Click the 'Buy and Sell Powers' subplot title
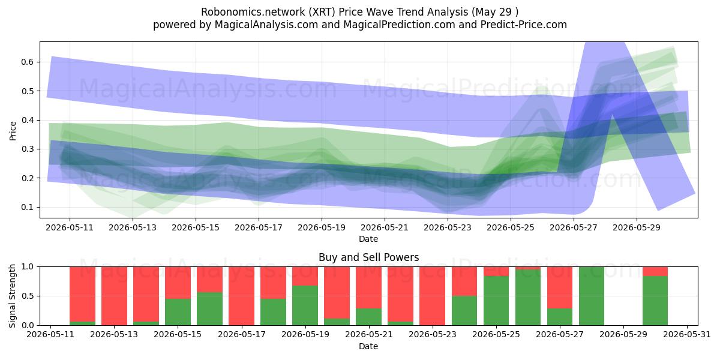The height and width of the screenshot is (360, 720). point(368,257)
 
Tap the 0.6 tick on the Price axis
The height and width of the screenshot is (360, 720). point(28,62)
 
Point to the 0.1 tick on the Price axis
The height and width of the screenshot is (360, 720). point(28,207)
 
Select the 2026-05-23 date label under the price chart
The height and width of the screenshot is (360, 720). point(448,227)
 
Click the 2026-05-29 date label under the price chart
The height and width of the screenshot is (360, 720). point(637,227)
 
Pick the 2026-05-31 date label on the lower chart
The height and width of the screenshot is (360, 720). point(687,334)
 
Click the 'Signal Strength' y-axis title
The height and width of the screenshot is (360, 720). point(12,296)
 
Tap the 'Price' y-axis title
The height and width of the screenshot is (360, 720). point(13,131)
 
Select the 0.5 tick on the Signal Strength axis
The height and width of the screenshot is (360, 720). point(28,296)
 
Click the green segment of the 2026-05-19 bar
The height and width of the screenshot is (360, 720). point(305,305)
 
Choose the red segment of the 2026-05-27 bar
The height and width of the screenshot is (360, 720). point(560,287)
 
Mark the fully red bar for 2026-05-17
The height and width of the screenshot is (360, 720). point(241,296)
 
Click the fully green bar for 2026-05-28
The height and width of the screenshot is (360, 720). point(592,296)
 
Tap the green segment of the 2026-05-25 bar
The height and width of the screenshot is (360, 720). point(496,301)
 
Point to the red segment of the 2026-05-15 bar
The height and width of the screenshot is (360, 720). point(178,283)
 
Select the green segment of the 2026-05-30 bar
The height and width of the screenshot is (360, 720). point(655,301)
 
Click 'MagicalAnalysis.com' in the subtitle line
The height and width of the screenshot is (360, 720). point(266,25)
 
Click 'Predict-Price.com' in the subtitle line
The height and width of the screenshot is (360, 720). point(524,25)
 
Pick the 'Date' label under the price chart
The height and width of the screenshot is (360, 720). point(368,239)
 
